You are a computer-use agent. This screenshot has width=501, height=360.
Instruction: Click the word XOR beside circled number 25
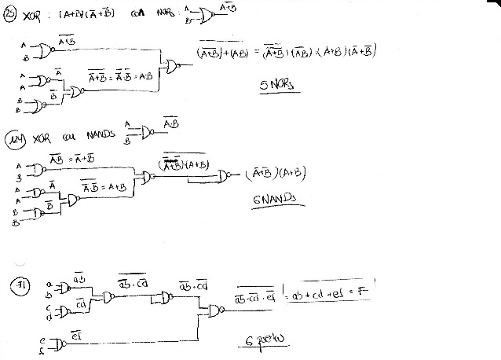pos(34,16)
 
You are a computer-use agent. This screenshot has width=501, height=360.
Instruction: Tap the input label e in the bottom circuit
pos(42,340)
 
